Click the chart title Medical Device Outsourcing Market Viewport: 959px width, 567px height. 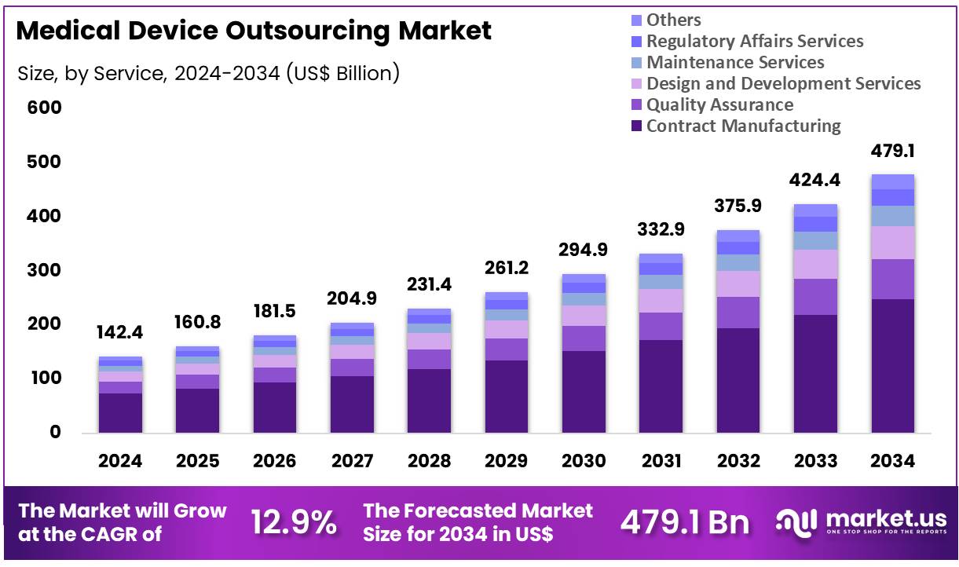pyautogui.click(x=254, y=31)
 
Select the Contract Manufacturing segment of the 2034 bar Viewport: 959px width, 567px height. pyautogui.click(x=892, y=365)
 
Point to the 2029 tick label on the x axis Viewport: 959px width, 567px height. pyautogui.click(x=507, y=461)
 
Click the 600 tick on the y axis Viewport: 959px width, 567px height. pyautogui.click(x=44, y=108)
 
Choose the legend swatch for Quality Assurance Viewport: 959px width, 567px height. pyautogui.click(x=635, y=105)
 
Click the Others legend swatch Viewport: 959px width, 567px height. pyautogui.click(x=635, y=20)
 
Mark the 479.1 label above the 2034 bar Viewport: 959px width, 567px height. pyautogui.click(x=892, y=152)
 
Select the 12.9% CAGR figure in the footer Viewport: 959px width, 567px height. pyautogui.click(x=294, y=522)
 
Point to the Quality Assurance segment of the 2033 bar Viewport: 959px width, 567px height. pyautogui.click(x=815, y=297)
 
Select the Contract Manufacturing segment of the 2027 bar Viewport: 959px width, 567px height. pyautogui.click(x=352, y=404)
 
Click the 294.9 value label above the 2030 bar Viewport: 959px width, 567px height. pyautogui.click(x=584, y=250)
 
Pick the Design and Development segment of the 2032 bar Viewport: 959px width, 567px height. pyautogui.click(x=738, y=283)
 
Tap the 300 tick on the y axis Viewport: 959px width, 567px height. pyautogui.click(x=44, y=270)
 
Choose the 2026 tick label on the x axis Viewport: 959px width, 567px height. pyautogui.click(x=275, y=461)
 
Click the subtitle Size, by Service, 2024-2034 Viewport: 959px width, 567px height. pyautogui.click(x=208, y=74)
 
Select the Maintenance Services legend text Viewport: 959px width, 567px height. pyautogui.click(x=735, y=62)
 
